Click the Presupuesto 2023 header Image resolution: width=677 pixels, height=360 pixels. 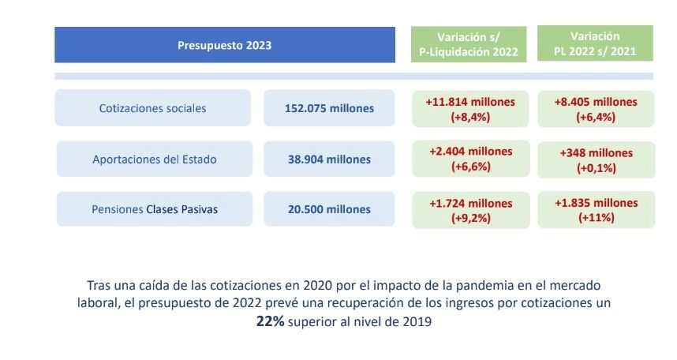[x=224, y=45]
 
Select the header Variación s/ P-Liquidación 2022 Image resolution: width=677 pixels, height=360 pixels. [x=468, y=45]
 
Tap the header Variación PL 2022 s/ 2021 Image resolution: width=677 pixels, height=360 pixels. [x=596, y=45]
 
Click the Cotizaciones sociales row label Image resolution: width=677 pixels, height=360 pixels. [x=152, y=108]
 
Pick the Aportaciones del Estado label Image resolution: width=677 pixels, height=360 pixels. [x=154, y=159]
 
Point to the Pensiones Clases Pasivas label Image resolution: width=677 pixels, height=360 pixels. [x=154, y=209]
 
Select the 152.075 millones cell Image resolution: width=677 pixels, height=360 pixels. [x=329, y=108]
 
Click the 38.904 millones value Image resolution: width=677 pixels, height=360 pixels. [x=329, y=159]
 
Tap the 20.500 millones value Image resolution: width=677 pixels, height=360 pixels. [x=329, y=209]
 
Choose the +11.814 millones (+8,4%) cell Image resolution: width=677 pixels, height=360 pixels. [x=469, y=109]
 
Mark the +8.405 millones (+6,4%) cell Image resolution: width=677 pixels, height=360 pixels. [x=596, y=109]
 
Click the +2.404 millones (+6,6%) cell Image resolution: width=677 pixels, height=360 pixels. [x=469, y=159]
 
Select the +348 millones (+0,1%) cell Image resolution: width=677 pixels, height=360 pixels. [x=596, y=160]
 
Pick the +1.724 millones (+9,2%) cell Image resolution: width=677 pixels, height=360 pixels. [x=469, y=210]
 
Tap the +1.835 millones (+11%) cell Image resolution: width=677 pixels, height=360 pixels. [x=596, y=210]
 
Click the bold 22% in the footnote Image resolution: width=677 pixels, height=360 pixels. [x=270, y=322]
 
